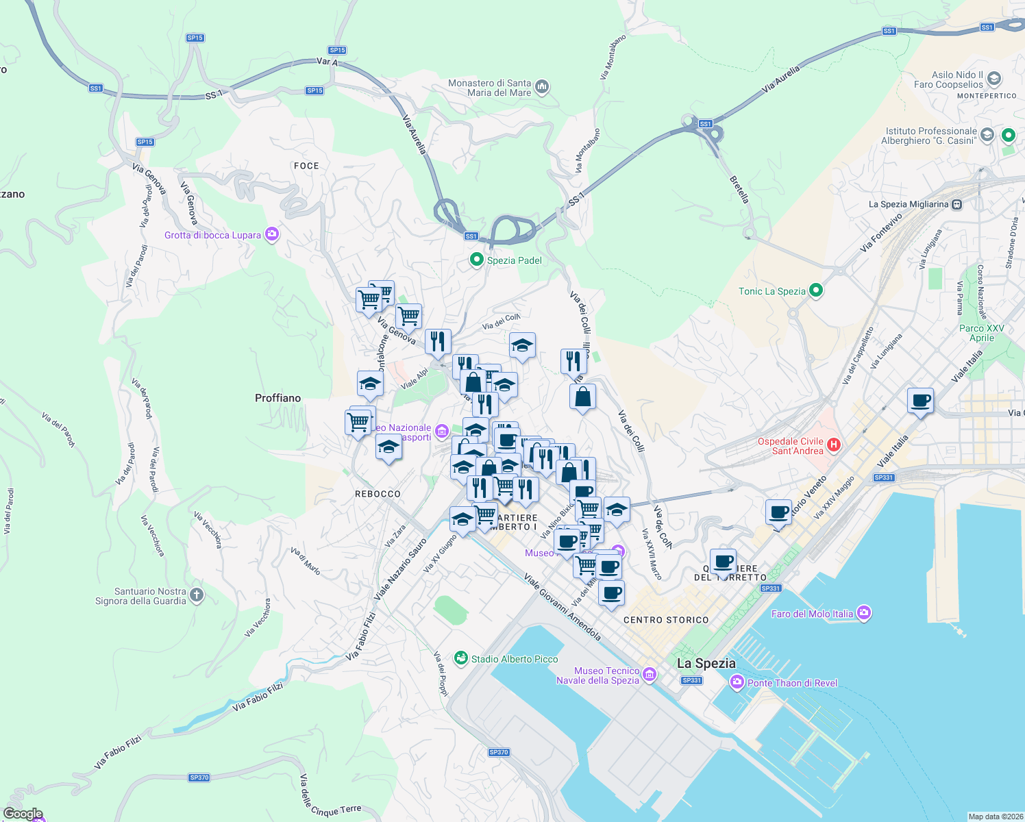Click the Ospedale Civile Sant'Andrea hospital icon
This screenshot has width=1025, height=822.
[x=834, y=445]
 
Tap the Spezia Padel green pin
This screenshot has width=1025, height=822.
[x=476, y=260]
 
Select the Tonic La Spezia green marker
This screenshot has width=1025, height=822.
[x=815, y=290]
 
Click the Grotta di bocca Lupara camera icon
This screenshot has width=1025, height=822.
[x=272, y=235]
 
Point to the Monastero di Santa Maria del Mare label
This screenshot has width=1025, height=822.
[x=489, y=88]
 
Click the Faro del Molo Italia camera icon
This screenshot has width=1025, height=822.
[x=864, y=613]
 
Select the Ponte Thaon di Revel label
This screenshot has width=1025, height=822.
[x=792, y=683]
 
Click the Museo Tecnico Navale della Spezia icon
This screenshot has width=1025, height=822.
[x=650, y=675]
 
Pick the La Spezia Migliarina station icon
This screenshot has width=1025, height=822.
[x=957, y=204]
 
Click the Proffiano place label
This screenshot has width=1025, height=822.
[x=277, y=398]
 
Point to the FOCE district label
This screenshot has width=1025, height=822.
[x=306, y=166]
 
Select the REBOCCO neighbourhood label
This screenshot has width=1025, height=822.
[x=378, y=494]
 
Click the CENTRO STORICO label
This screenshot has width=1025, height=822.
[x=666, y=620]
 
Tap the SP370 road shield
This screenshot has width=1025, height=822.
[x=199, y=777]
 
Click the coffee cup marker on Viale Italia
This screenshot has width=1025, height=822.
[x=920, y=400]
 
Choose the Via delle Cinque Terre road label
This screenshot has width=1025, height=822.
[x=330, y=799]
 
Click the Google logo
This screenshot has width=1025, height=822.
[x=23, y=814]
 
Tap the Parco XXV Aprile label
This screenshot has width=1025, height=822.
[x=981, y=333]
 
